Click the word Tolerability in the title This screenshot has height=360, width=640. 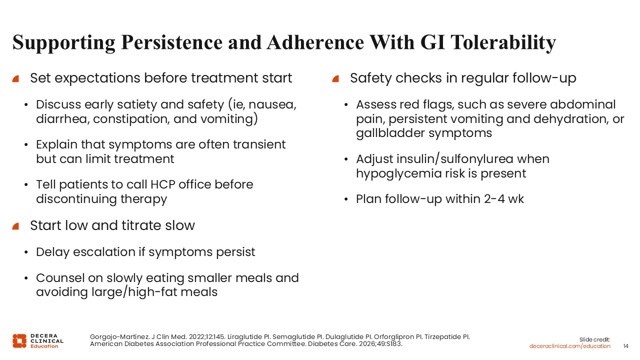[x=503, y=43]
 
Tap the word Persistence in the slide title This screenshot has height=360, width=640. [x=171, y=42]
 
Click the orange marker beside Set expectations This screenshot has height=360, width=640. [x=15, y=79]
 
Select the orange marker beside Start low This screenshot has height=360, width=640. [x=15, y=226]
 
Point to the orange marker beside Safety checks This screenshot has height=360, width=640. [x=335, y=79]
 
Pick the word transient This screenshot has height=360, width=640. [x=259, y=144]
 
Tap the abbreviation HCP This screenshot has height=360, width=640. [x=162, y=184]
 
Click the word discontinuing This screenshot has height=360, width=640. [x=76, y=199]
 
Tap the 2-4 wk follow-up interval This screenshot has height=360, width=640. [x=504, y=199]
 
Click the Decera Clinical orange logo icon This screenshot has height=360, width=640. [x=19, y=341]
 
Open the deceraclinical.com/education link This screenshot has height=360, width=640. [x=569, y=346]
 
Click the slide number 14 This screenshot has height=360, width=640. [x=625, y=346]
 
